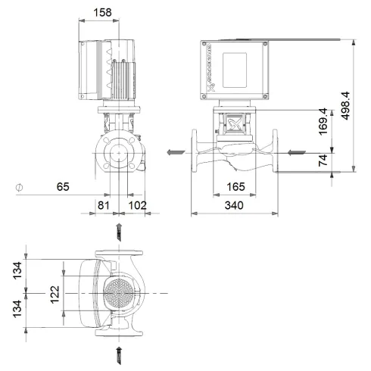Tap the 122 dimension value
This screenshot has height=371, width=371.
click(54, 292)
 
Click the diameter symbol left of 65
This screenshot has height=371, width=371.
click(19, 185)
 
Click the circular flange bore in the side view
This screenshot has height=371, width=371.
click(119, 152)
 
